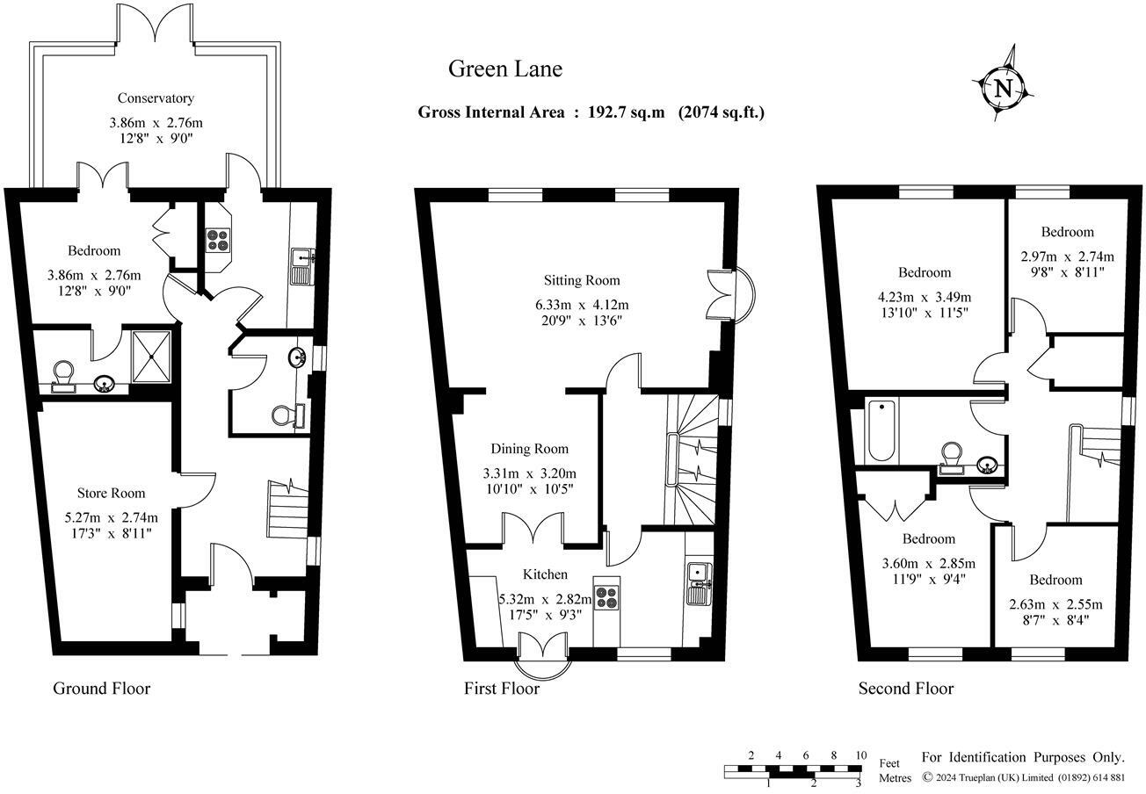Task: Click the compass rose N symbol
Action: [1004, 87]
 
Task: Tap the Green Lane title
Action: [504, 69]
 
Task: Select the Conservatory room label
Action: [156, 98]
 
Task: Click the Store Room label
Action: [111, 493]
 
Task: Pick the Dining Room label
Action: [529, 449]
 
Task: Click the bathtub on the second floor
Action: [881, 430]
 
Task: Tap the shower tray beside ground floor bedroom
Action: [155, 356]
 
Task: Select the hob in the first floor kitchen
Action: [606, 597]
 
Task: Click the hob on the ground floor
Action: [216, 240]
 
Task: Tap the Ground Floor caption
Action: [102, 689]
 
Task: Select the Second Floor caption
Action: [905, 689]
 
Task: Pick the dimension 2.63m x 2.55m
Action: [1055, 604]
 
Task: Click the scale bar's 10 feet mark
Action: [860, 755]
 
